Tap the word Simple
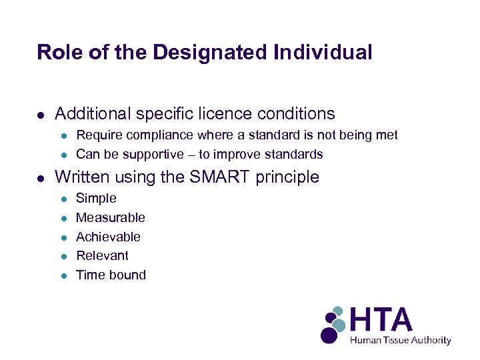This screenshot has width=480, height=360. pyautogui.click(x=96, y=199)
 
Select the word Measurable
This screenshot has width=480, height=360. pyautogui.click(x=110, y=217)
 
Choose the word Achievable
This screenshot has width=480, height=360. pyautogui.click(x=108, y=237)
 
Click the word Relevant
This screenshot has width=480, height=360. pyautogui.click(x=102, y=255)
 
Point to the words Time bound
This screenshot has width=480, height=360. pyautogui.click(x=111, y=275)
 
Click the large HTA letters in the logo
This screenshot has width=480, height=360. pyautogui.click(x=381, y=321)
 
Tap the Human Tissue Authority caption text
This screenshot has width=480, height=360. pyautogui.click(x=401, y=341)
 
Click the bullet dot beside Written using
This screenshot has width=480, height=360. pyautogui.click(x=41, y=178)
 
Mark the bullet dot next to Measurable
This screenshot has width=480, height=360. pyautogui.click(x=63, y=218)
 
